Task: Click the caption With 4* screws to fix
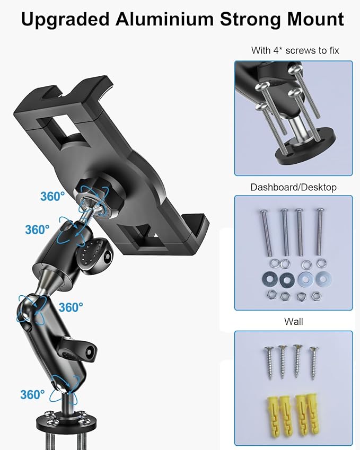tap(295, 51)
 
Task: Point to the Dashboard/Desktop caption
tap(293, 187)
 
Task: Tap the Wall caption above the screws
tap(293, 322)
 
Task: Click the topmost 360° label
tap(52, 196)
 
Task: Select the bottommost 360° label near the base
tap(32, 394)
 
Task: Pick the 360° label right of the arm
tap(71, 307)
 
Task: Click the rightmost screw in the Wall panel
tap(315, 362)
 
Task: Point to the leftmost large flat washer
tap(267, 278)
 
